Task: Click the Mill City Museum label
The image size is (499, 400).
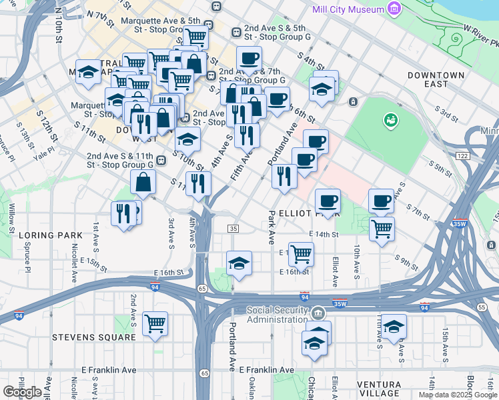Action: point(348,9)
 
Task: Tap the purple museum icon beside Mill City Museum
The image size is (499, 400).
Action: point(395,9)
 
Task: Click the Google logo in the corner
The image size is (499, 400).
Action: point(21,391)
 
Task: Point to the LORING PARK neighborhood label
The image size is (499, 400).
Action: point(51,235)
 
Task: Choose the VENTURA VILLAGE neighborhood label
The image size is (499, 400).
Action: point(388,385)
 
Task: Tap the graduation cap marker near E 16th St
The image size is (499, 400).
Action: point(239,263)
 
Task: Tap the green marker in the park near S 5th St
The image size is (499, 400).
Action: point(389,121)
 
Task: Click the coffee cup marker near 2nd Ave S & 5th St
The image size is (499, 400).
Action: point(249,59)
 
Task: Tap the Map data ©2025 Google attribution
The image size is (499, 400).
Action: point(458,395)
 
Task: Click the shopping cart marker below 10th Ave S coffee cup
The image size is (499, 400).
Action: point(382,229)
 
